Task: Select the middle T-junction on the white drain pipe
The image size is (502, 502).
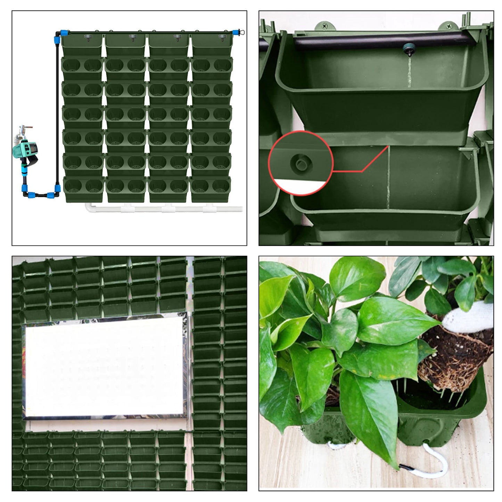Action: pyautogui.click(x=167, y=208)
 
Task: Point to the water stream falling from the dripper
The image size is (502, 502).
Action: pyautogui.click(x=409, y=71)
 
